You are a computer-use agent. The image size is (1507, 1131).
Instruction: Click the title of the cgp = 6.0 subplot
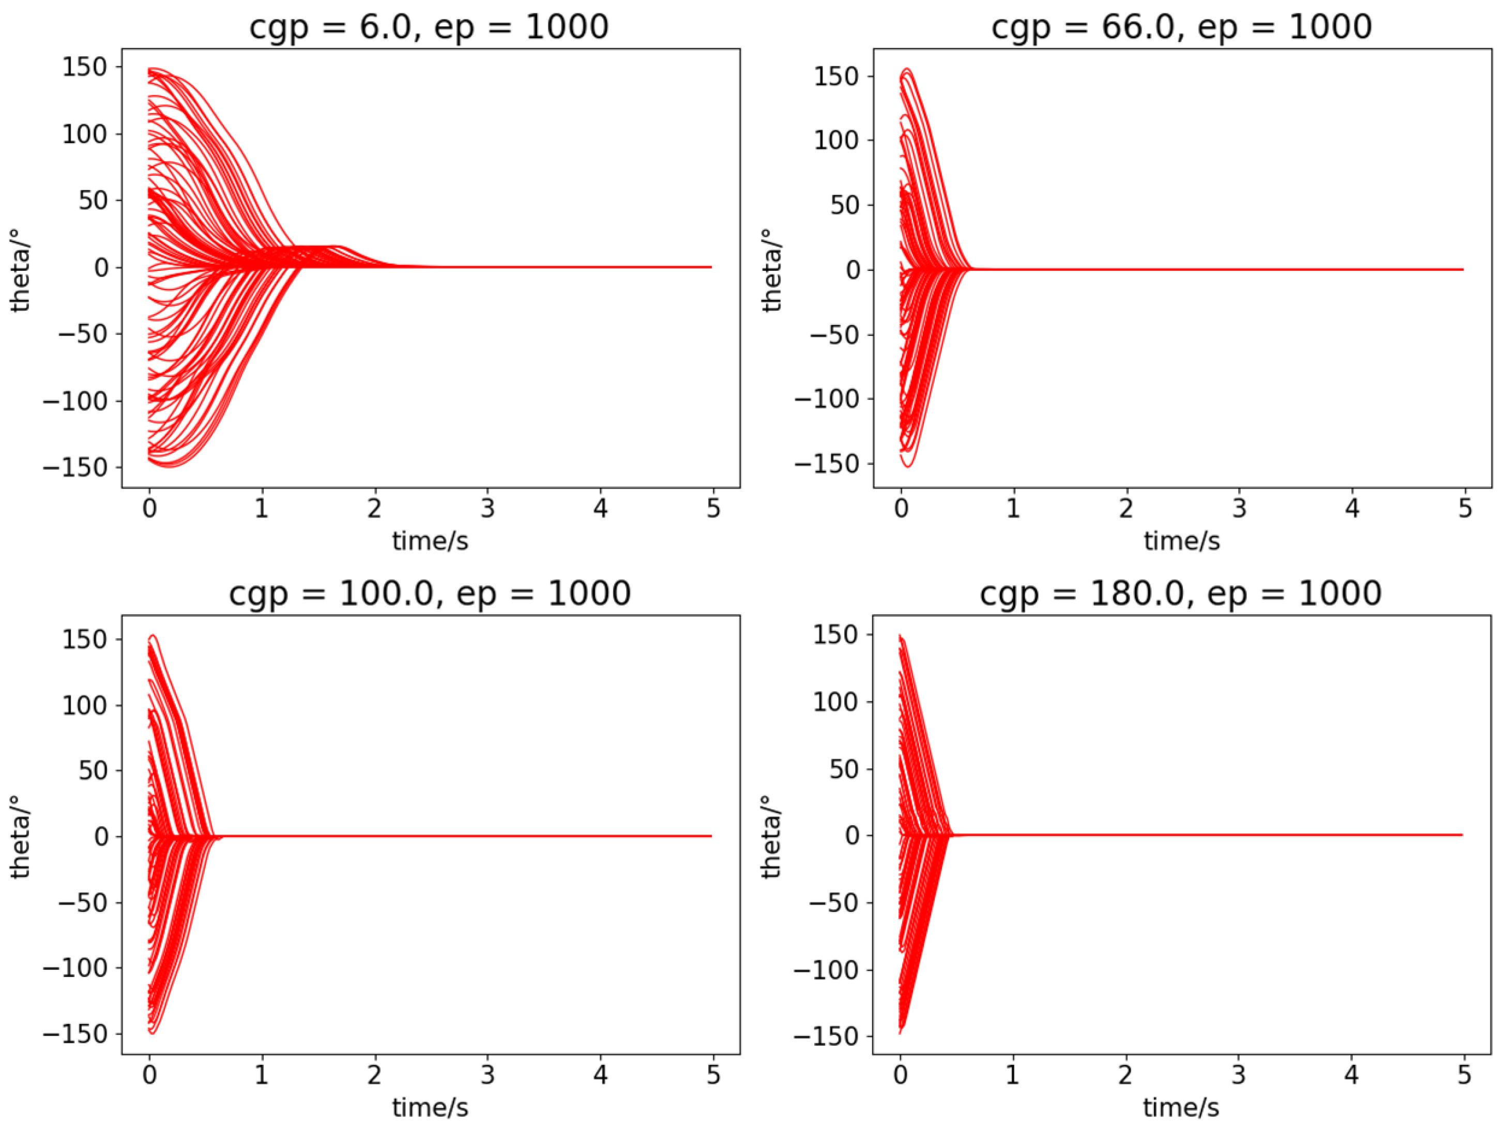(x=429, y=27)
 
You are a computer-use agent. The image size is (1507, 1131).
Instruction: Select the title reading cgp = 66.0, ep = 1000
(x=1181, y=27)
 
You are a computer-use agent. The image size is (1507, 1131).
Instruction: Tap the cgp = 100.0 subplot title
(x=429, y=593)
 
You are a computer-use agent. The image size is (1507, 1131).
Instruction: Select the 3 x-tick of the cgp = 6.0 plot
(x=487, y=508)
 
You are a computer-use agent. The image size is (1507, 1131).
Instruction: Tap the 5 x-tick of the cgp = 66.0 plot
(x=1465, y=508)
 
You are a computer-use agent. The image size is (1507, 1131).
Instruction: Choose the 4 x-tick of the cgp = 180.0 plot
(x=1352, y=1075)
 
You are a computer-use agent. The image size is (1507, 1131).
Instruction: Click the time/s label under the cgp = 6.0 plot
(x=430, y=541)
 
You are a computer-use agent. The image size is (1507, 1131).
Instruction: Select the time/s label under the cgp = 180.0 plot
(x=1181, y=1108)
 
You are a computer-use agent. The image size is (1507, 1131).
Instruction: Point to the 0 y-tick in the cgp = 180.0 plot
(x=853, y=835)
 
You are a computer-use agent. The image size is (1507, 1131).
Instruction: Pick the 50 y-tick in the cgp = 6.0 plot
(x=94, y=201)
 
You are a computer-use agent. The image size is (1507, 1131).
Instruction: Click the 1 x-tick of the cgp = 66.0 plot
(x=1014, y=508)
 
